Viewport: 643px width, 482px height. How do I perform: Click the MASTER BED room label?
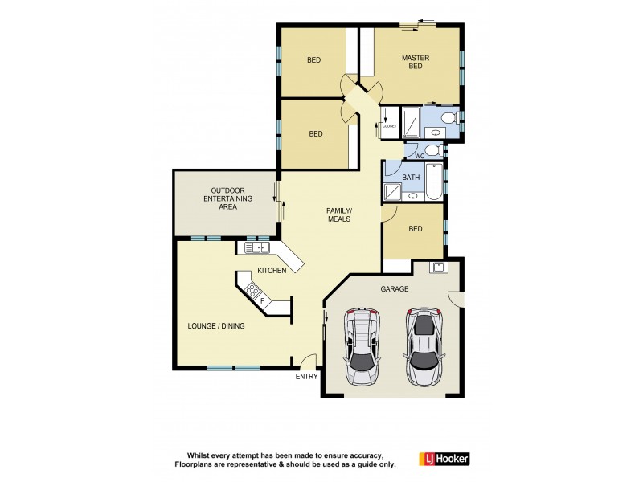pos(416,62)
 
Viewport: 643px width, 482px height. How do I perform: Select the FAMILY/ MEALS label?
pos(339,214)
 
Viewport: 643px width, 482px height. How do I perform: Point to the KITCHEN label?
pos(272,271)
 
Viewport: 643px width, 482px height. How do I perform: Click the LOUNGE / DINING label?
pos(216,326)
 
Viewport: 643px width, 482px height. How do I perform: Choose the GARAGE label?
pos(395,289)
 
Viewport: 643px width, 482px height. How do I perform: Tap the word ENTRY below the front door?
pos(307,376)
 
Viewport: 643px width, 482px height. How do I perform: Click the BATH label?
pos(411,177)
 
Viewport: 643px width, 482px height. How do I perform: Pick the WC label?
pos(419,155)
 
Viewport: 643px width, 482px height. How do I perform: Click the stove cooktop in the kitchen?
pos(253,291)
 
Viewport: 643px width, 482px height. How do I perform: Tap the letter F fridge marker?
pos(262,300)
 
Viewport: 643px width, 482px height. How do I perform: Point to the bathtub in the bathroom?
pos(432,182)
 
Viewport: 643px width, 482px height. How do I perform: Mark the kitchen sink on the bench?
pos(261,247)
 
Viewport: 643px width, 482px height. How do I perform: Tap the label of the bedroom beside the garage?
pos(415,229)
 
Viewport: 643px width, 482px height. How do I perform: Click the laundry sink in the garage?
pos(438,268)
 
